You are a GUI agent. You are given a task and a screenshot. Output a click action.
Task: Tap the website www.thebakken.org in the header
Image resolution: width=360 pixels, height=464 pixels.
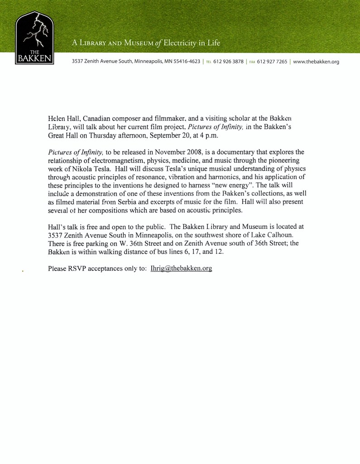(316, 62)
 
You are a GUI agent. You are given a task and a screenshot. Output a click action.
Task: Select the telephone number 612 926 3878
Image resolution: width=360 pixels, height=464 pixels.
(228, 62)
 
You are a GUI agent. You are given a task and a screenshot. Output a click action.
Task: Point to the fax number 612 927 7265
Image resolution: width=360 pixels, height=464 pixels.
(272, 62)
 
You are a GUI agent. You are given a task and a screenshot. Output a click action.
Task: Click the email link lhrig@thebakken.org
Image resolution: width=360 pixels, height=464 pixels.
(181, 269)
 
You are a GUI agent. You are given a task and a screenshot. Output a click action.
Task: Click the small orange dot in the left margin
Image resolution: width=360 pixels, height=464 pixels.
(22, 272)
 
